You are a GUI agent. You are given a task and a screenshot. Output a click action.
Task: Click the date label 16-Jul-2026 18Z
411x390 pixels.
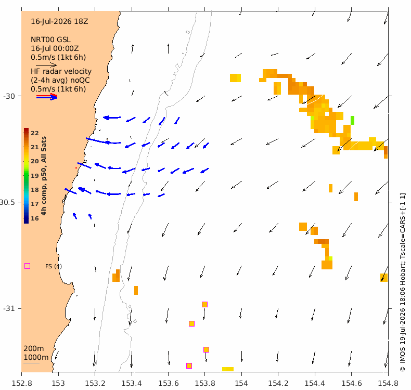(x=59, y=21)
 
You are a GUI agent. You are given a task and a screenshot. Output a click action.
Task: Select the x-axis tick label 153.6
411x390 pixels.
(x=168, y=383)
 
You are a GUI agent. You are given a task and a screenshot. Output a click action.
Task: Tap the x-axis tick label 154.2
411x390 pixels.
(x=278, y=383)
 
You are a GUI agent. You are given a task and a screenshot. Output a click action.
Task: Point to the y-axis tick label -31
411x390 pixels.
(x=9, y=308)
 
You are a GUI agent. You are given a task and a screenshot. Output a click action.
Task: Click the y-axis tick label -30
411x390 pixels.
(x=9, y=96)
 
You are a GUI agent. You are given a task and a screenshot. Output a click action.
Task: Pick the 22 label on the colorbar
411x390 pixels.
(x=35, y=133)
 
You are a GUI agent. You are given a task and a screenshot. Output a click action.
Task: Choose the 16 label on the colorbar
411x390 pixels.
(x=35, y=218)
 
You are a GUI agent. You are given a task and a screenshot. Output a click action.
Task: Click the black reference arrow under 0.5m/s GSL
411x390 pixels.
(x=46, y=65)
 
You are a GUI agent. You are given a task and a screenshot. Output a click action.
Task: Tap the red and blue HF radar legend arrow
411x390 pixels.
(x=47, y=97)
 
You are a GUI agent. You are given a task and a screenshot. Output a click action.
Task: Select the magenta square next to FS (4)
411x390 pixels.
(x=27, y=266)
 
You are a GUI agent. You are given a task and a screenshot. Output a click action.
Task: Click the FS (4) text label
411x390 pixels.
(x=54, y=266)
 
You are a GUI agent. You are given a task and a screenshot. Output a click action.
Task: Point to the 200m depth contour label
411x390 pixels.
(x=34, y=348)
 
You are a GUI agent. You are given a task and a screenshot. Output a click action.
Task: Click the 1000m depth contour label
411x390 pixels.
(x=36, y=358)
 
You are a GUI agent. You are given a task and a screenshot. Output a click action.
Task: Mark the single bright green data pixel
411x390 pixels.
(x=352, y=120)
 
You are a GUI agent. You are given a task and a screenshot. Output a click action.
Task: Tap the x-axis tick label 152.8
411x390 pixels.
(x=22, y=383)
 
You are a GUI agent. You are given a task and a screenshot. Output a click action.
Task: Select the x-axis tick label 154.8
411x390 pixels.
(x=388, y=383)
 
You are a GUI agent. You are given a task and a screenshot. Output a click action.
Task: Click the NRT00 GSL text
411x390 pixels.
(x=50, y=40)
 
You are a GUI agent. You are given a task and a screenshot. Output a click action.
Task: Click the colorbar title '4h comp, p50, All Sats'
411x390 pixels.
(x=44, y=176)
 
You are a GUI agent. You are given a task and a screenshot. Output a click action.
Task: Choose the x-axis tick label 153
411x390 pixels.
(x=58, y=383)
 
